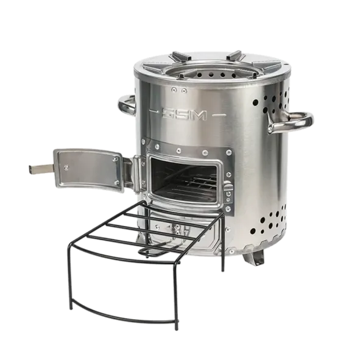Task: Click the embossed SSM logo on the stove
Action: [184, 115]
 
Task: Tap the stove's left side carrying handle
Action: [127, 105]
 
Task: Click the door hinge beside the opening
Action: [138, 174]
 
